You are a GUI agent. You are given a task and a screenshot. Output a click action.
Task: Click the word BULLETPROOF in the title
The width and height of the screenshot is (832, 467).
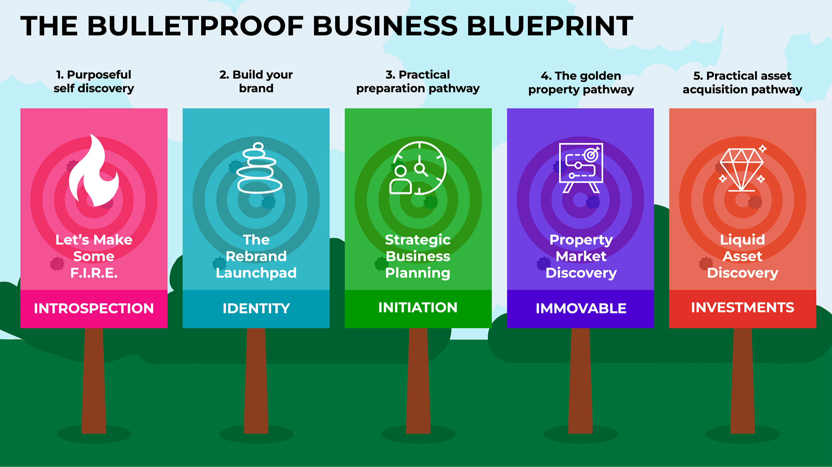coord(196,26)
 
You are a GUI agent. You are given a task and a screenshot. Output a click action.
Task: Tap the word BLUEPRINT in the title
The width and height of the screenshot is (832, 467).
coord(550,26)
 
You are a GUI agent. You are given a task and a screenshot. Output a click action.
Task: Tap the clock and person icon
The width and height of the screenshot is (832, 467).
coord(418,168)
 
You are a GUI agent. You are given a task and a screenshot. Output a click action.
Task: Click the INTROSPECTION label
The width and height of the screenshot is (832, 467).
coord(94,308)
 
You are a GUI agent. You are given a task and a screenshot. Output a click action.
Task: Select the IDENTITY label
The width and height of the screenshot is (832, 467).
coord(256,308)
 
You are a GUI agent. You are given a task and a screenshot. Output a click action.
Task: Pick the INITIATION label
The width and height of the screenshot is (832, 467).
coord(418,307)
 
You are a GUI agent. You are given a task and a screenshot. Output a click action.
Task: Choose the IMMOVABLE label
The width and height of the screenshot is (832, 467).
coord(581,308)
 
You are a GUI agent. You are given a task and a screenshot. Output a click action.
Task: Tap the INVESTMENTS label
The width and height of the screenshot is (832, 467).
coord(742,307)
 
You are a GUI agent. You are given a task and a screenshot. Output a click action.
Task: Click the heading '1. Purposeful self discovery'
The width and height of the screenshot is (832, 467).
coord(94,81)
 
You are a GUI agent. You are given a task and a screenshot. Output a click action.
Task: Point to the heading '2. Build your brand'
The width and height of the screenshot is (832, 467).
coord(256,81)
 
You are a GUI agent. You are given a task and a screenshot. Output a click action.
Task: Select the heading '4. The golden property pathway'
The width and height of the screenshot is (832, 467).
coord(581,82)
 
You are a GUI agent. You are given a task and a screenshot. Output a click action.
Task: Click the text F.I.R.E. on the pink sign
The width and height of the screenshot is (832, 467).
coord(94,273)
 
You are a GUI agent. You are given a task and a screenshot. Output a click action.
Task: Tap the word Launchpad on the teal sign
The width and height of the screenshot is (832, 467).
coord(256,273)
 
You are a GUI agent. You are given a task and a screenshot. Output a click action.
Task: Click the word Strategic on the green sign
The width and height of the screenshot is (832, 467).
coord(418,240)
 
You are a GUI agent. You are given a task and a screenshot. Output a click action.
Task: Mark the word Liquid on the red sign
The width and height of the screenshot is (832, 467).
coord(742,240)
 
